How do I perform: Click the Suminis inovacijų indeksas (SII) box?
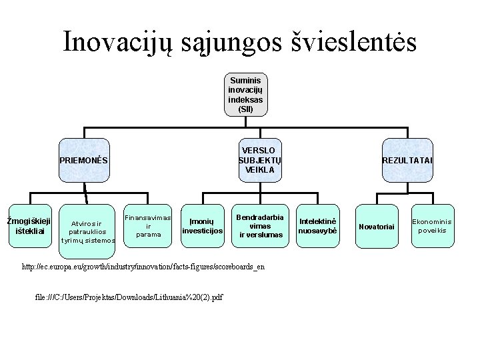(245, 95)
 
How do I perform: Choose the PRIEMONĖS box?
(83, 160)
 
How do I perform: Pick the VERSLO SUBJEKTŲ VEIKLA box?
(259, 160)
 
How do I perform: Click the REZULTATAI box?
(407, 160)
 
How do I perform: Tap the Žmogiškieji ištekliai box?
(29, 226)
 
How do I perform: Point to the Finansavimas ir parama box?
(148, 226)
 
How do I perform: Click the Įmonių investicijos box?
(201, 226)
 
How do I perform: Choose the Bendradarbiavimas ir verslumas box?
(260, 226)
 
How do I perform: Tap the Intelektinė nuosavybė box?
(318, 226)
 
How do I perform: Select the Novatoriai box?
(377, 227)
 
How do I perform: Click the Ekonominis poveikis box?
(431, 226)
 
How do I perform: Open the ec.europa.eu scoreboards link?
(143, 267)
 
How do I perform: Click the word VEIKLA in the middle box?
(259, 170)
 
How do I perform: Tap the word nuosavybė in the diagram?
(318, 231)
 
